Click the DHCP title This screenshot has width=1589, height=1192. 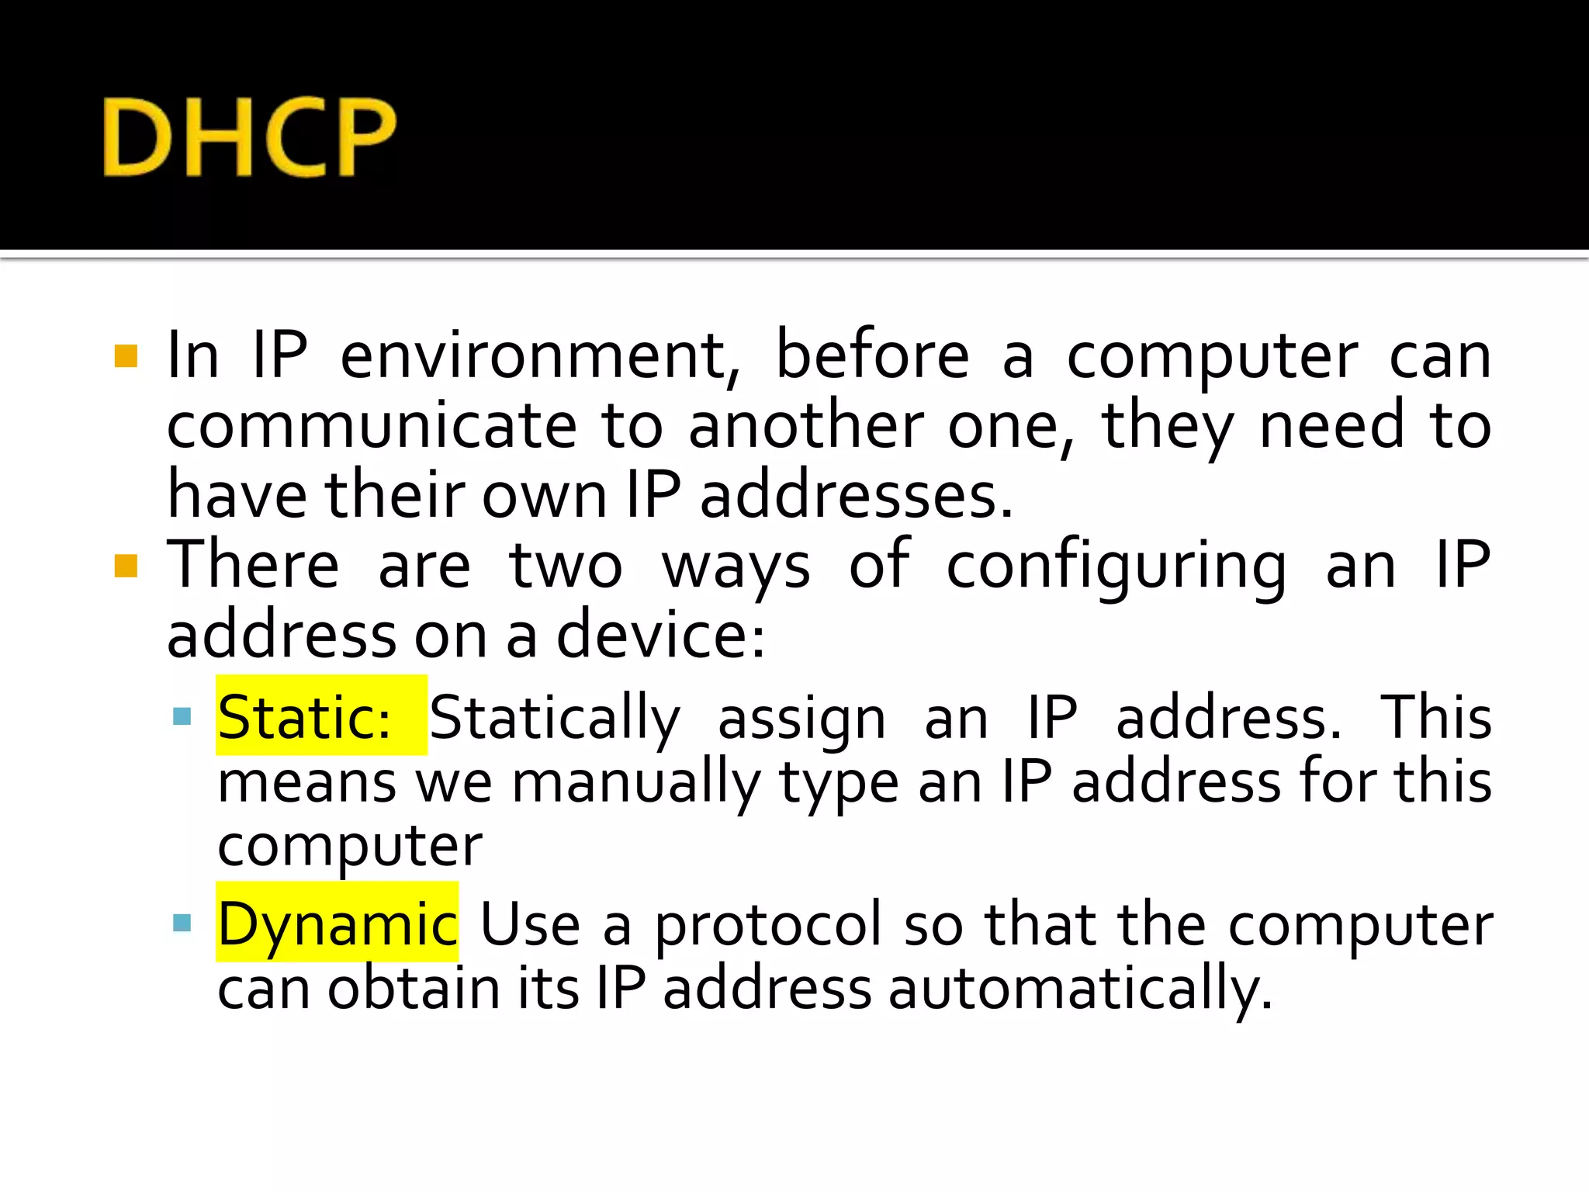click(249, 137)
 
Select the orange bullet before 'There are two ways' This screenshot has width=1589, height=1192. click(126, 567)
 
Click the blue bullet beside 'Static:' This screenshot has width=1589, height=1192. click(182, 716)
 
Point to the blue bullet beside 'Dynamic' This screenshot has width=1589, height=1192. click(182, 922)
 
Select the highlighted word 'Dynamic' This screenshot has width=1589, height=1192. click(337, 923)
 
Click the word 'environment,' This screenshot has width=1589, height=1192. click(540, 356)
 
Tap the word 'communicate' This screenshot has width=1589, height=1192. click(372, 426)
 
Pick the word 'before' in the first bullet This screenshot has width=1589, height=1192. click(872, 356)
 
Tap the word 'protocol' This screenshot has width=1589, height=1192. click(769, 925)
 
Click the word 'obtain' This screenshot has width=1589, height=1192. click(414, 988)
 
